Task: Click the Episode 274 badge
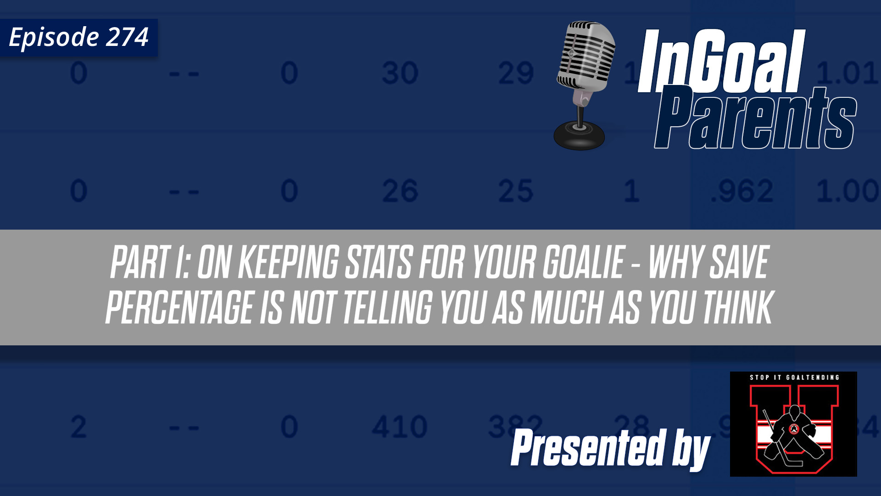(78, 38)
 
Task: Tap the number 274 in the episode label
(127, 37)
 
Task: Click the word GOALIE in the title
(583, 263)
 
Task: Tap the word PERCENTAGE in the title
(179, 307)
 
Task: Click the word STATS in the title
(379, 263)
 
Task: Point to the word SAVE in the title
(738, 263)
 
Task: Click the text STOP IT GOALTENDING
(794, 378)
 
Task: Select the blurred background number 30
(400, 73)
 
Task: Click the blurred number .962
(742, 191)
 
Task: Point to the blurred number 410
(399, 427)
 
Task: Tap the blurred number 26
(400, 191)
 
